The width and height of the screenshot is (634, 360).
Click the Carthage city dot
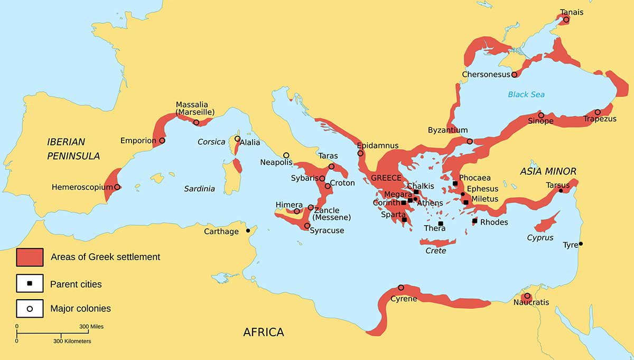[248, 231]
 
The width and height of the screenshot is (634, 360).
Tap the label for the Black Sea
[526, 95]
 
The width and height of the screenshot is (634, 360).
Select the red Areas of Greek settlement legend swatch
[30, 257]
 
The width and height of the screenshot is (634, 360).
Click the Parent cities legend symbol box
[30, 284]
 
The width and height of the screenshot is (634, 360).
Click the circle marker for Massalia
[197, 123]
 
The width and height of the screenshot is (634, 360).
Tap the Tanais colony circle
[566, 20]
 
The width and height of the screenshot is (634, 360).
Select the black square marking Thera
[441, 224]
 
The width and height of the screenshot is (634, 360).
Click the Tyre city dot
[581, 244]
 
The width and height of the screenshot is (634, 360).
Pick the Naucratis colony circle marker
[527, 296]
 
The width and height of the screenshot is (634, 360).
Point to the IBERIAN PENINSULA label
[66, 149]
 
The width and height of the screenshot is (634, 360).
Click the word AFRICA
[263, 333]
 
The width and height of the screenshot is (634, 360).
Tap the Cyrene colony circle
[400, 288]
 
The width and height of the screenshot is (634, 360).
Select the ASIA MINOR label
[548, 171]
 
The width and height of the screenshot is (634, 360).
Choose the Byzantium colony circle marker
[470, 141]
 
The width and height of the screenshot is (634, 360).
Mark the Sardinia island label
[199, 188]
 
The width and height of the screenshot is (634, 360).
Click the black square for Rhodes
[474, 221]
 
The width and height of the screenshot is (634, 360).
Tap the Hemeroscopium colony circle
[117, 187]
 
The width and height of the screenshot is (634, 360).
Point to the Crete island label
[436, 251]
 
